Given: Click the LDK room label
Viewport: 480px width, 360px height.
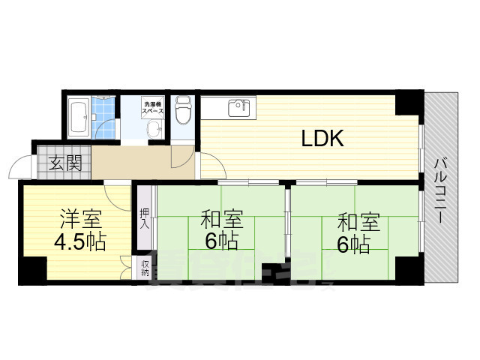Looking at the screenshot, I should click(322, 138).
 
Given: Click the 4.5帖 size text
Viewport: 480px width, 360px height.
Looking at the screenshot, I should click(79, 242).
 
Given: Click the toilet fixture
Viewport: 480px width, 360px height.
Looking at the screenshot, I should click(182, 112).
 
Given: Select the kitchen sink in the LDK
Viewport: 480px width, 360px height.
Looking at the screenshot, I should click(240, 109).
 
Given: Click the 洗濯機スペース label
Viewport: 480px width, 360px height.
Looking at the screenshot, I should click(154, 107).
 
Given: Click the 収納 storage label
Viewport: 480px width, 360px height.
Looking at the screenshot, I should click(144, 268).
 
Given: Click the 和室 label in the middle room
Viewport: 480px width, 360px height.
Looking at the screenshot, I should click(222, 221).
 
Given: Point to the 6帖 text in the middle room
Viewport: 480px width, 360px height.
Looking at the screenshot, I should click(222, 242).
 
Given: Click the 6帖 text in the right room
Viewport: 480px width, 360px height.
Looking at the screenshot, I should click(352, 244).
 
